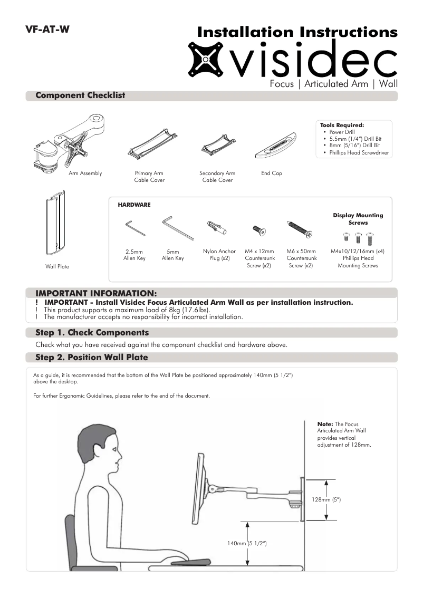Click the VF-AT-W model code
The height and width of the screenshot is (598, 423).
pos(47,30)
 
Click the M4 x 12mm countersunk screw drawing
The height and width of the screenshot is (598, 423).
pos(259,230)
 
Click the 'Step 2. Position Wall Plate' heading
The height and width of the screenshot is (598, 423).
pos(91,358)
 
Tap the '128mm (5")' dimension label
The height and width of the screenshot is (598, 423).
pos(326,499)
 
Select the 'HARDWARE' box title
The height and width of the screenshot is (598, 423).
pos(134,205)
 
